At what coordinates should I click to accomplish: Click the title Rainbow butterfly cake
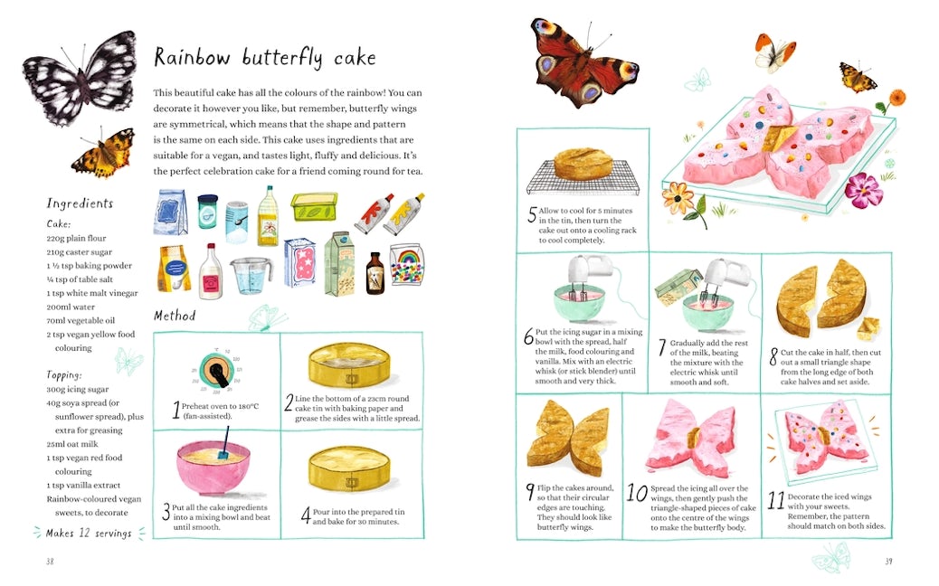pyautogui.click(x=264, y=58)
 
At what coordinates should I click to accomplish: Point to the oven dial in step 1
pyautogui.click(x=217, y=371)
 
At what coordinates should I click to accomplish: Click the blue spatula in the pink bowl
pyautogui.click(x=220, y=444)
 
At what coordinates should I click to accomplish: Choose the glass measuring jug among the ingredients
pyautogui.click(x=251, y=273)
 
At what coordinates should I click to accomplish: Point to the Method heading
pyautogui.click(x=175, y=316)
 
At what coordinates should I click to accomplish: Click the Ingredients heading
pyautogui.click(x=80, y=203)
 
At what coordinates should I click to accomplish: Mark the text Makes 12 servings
pyautogui.click(x=89, y=533)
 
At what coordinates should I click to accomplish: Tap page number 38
pyautogui.click(x=51, y=562)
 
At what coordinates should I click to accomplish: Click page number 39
pyautogui.click(x=888, y=562)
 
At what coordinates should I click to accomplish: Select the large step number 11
pyautogui.click(x=775, y=500)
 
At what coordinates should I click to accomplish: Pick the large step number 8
pyautogui.click(x=773, y=356)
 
